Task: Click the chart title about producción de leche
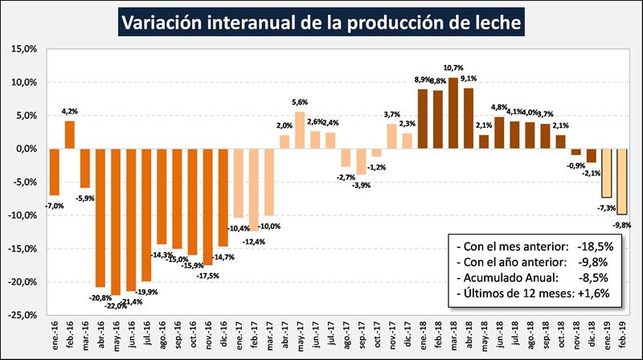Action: (x=321, y=22)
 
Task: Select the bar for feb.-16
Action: (x=70, y=134)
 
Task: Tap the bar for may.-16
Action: (x=116, y=222)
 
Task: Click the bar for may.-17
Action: (x=300, y=130)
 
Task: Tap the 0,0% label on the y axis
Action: (x=26, y=149)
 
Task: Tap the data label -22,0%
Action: (x=114, y=304)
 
